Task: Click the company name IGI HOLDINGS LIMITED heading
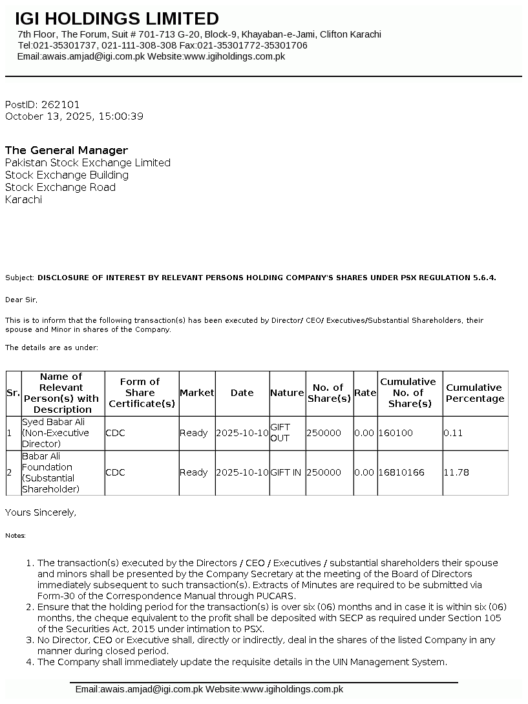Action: pyautogui.click(x=117, y=19)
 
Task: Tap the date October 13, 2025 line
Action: pyautogui.click(x=74, y=116)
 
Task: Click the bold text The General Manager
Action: pyautogui.click(x=67, y=150)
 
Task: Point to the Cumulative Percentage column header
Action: pyautogui.click(x=474, y=393)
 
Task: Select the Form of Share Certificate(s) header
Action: pyautogui.click(x=142, y=393)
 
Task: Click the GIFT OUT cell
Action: pyautogui.click(x=280, y=433)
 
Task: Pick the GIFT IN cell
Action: pyautogui.click(x=286, y=472)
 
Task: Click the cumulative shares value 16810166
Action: pyautogui.click(x=402, y=472)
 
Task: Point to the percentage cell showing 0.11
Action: pyautogui.click(x=453, y=433)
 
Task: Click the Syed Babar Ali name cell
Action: pyautogui.click(x=56, y=433)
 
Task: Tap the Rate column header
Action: pyautogui.click(x=365, y=393)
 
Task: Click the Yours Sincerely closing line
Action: pyautogui.click(x=41, y=512)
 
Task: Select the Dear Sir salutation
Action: pyautogui.click(x=21, y=300)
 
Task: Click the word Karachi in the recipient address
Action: pyautogui.click(x=23, y=199)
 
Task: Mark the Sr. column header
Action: pyautogui.click(x=13, y=393)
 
